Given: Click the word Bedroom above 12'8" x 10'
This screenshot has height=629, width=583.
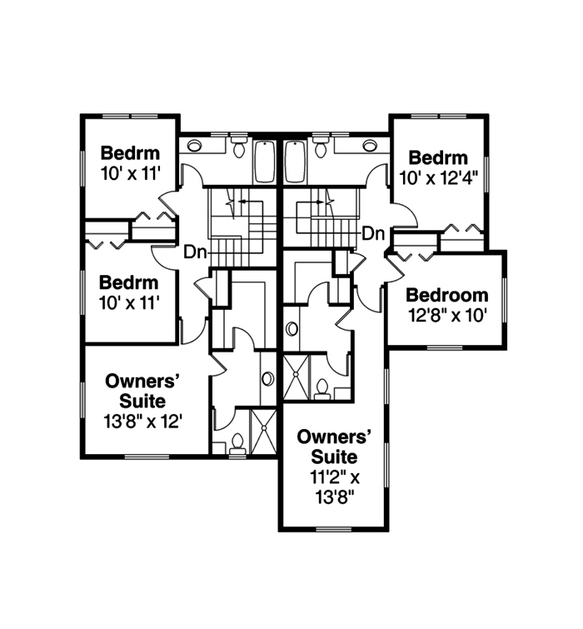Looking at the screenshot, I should pos(446,296).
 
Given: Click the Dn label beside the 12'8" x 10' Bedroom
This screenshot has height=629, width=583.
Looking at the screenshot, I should pos(373,233).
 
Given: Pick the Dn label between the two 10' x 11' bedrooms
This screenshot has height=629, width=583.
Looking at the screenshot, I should pos(195,250).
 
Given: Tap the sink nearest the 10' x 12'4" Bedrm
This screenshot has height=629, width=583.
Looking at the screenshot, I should pos(369,146).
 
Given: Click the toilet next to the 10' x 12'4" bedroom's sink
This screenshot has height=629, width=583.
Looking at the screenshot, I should pos(321,148).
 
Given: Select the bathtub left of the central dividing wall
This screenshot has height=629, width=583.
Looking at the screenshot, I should pos(264,160).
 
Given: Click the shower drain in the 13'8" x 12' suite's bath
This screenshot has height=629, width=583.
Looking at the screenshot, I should pos(266,430).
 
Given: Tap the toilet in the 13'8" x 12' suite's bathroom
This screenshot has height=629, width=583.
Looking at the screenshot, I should pos(237,442).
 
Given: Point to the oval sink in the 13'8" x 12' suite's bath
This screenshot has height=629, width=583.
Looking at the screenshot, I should pos(267,378).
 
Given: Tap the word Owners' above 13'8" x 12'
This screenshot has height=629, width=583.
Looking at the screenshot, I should pos(144,382).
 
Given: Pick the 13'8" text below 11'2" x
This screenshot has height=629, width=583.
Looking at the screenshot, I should pos(333,497).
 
